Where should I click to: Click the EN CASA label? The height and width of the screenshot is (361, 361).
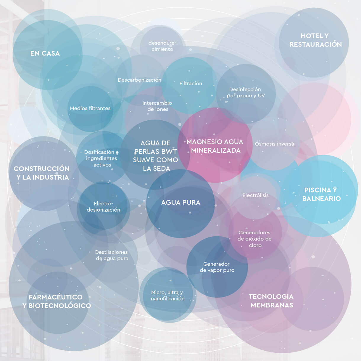click(x=45, y=53)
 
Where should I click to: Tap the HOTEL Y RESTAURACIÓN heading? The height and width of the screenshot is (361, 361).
click(x=315, y=40)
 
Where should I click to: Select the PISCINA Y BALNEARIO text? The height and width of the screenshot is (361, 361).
click(x=321, y=194)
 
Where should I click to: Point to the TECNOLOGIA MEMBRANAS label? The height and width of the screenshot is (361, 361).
click(x=271, y=301)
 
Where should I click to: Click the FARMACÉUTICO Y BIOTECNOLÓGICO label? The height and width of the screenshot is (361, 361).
click(x=57, y=301)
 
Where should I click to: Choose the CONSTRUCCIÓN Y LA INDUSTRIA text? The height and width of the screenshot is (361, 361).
click(x=42, y=173)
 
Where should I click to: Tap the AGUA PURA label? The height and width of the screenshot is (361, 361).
click(x=181, y=202)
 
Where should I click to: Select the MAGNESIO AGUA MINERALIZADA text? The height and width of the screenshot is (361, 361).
click(x=215, y=146)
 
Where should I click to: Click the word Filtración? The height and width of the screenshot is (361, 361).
click(x=191, y=83)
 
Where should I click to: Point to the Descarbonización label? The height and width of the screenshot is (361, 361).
click(x=139, y=80)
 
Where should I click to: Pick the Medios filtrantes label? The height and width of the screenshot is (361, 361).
click(x=90, y=108)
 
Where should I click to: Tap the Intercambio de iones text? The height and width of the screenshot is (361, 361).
click(x=157, y=106)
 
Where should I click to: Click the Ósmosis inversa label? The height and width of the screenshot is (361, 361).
click(x=274, y=144)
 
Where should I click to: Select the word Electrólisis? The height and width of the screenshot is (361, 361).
click(x=255, y=195)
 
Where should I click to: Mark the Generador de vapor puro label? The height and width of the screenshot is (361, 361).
click(x=217, y=267)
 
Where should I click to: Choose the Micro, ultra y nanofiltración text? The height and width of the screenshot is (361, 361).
click(x=167, y=295)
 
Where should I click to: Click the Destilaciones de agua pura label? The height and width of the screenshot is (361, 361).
click(x=112, y=255)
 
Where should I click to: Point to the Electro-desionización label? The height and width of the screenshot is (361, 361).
click(x=103, y=207)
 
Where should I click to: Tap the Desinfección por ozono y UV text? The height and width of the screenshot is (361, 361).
click(x=246, y=92)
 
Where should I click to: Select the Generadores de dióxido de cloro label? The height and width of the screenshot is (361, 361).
click(x=254, y=239)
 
